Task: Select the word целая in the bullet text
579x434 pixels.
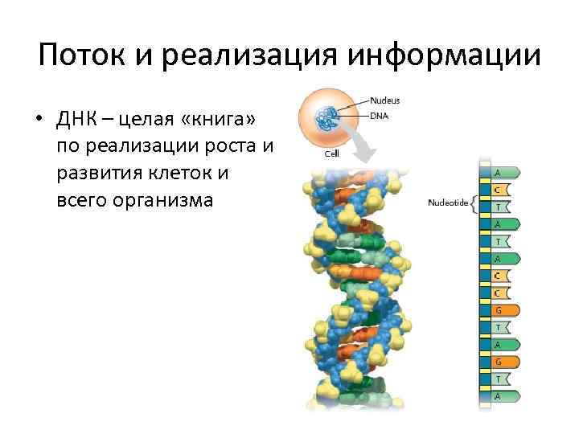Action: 147,120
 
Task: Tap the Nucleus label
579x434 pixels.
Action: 385,100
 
